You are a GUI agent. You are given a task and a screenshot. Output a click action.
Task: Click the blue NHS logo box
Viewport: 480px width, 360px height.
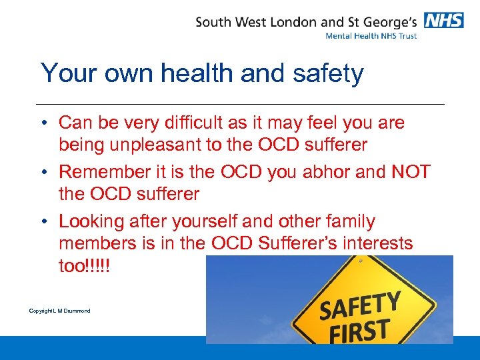pyautogui.click(x=444, y=21)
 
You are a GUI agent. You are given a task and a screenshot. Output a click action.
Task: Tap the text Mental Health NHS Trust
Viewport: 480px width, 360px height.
pyautogui.click(x=371, y=36)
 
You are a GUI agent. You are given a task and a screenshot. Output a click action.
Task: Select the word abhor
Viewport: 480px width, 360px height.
pyautogui.click(x=323, y=171)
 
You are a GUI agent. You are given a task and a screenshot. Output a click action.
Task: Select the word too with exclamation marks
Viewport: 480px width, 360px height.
pyautogui.click(x=85, y=266)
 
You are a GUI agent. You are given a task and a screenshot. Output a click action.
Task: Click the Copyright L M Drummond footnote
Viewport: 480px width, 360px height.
pyautogui.click(x=59, y=311)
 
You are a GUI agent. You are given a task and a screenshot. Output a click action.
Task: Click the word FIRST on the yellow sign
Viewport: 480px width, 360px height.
pyautogui.click(x=356, y=330)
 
